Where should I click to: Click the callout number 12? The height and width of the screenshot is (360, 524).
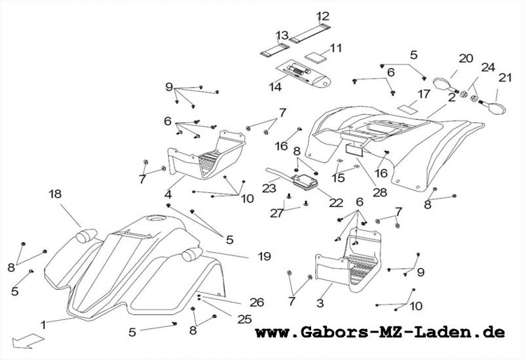point(323,16)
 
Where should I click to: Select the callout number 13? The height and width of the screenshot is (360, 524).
point(282,35)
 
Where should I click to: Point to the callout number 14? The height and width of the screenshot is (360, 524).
point(275,86)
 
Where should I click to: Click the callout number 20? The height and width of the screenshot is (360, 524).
point(466,58)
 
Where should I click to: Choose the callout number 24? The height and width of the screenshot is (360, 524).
point(488,66)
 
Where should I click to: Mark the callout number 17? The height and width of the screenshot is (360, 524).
point(424,94)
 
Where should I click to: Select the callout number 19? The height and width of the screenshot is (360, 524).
point(264,257)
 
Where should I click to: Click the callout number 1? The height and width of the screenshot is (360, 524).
point(43,324)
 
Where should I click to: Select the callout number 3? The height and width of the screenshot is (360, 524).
point(320,304)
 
